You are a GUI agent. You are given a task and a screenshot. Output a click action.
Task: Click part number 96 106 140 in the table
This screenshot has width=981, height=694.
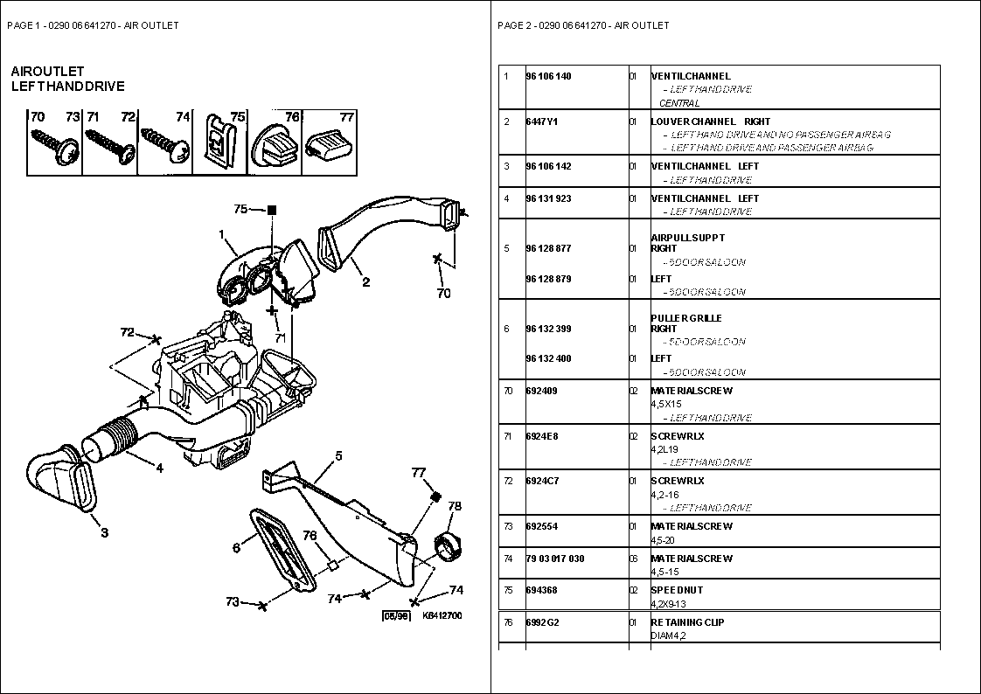click(548, 76)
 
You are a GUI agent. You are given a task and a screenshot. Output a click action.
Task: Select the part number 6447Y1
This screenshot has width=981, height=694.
click(542, 121)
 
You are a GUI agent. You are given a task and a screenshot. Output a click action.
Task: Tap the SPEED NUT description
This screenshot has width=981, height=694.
click(677, 590)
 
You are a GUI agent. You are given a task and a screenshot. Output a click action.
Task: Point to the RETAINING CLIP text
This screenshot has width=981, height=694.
click(687, 622)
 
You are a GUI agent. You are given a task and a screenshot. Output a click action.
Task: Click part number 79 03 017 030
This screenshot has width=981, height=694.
click(555, 559)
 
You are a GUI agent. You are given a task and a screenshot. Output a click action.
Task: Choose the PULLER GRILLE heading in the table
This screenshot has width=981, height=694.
click(686, 318)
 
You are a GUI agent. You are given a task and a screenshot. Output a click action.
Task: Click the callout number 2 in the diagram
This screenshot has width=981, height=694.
click(366, 281)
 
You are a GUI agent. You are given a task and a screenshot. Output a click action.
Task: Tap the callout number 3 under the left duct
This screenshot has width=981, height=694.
click(104, 532)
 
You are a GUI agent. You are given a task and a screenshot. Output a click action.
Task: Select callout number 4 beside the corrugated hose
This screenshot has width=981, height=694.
click(159, 468)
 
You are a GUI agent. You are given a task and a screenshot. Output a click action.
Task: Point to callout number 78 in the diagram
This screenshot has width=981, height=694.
click(455, 505)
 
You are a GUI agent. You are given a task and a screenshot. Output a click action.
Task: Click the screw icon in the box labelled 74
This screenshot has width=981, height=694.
click(166, 144)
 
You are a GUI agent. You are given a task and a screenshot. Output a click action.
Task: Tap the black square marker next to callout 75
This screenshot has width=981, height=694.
click(272, 210)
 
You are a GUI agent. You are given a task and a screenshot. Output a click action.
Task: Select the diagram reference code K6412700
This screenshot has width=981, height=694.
click(442, 616)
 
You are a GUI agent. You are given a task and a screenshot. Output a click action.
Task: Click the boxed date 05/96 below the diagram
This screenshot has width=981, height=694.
click(396, 616)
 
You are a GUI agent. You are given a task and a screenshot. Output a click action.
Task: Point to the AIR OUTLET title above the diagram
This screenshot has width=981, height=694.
click(47, 71)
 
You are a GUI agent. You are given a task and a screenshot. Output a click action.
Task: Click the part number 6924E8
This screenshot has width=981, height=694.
click(542, 435)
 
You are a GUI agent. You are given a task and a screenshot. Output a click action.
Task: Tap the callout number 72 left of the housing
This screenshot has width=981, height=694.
click(128, 332)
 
